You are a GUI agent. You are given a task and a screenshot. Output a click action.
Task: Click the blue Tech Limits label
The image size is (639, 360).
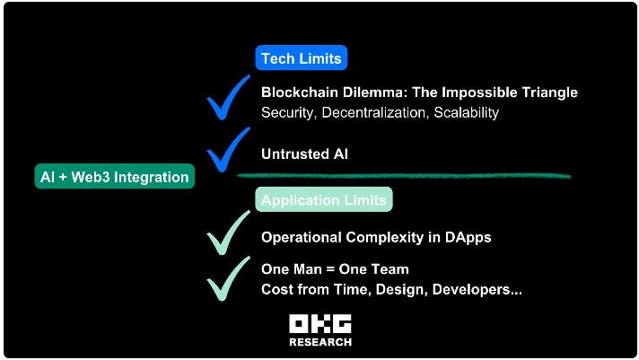302,57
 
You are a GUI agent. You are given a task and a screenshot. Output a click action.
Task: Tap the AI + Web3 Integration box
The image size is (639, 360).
115,177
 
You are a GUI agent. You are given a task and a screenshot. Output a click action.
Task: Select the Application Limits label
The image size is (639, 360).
324,200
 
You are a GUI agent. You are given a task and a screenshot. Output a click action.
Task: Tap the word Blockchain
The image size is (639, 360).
300,92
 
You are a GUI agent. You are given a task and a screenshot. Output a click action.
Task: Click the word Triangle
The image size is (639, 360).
549,93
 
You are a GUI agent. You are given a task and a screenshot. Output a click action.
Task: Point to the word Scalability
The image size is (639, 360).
466,113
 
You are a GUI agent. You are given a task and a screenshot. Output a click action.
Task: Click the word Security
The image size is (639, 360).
289,113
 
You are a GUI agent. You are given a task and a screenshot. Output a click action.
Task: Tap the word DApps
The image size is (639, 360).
468,238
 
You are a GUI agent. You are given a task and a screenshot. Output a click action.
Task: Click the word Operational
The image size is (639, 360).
302,238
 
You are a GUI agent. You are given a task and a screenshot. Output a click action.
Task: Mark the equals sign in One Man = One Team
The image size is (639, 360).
330,269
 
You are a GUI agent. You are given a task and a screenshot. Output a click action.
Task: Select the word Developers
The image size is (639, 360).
471,290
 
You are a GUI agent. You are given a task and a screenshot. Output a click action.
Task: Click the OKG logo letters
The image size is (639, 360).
320,324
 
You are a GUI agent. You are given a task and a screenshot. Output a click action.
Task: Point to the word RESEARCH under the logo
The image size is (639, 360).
320,342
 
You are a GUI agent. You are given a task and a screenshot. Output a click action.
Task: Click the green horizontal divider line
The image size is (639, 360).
404,176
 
